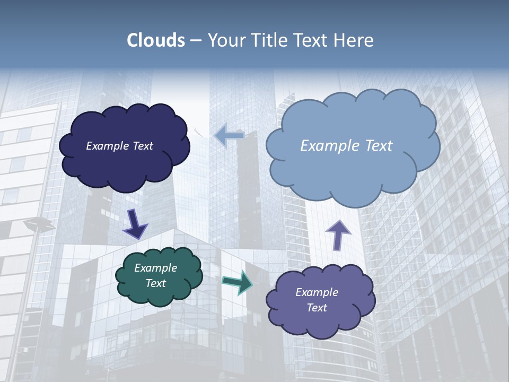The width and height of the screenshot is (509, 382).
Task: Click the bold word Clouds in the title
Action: tap(156, 40)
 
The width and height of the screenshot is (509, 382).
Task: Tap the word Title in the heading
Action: tap(269, 40)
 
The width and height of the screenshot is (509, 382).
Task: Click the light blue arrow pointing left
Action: tap(229, 136)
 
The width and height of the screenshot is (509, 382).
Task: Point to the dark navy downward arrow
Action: tap(135, 224)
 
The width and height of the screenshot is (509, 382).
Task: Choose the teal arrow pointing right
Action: tap(238, 282)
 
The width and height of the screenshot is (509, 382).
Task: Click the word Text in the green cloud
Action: tap(155, 283)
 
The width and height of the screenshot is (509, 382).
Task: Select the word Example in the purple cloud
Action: tap(317, 292)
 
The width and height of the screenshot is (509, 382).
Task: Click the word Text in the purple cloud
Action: tap(317, 308)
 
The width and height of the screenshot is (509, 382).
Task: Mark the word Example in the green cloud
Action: tap(155, 268)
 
